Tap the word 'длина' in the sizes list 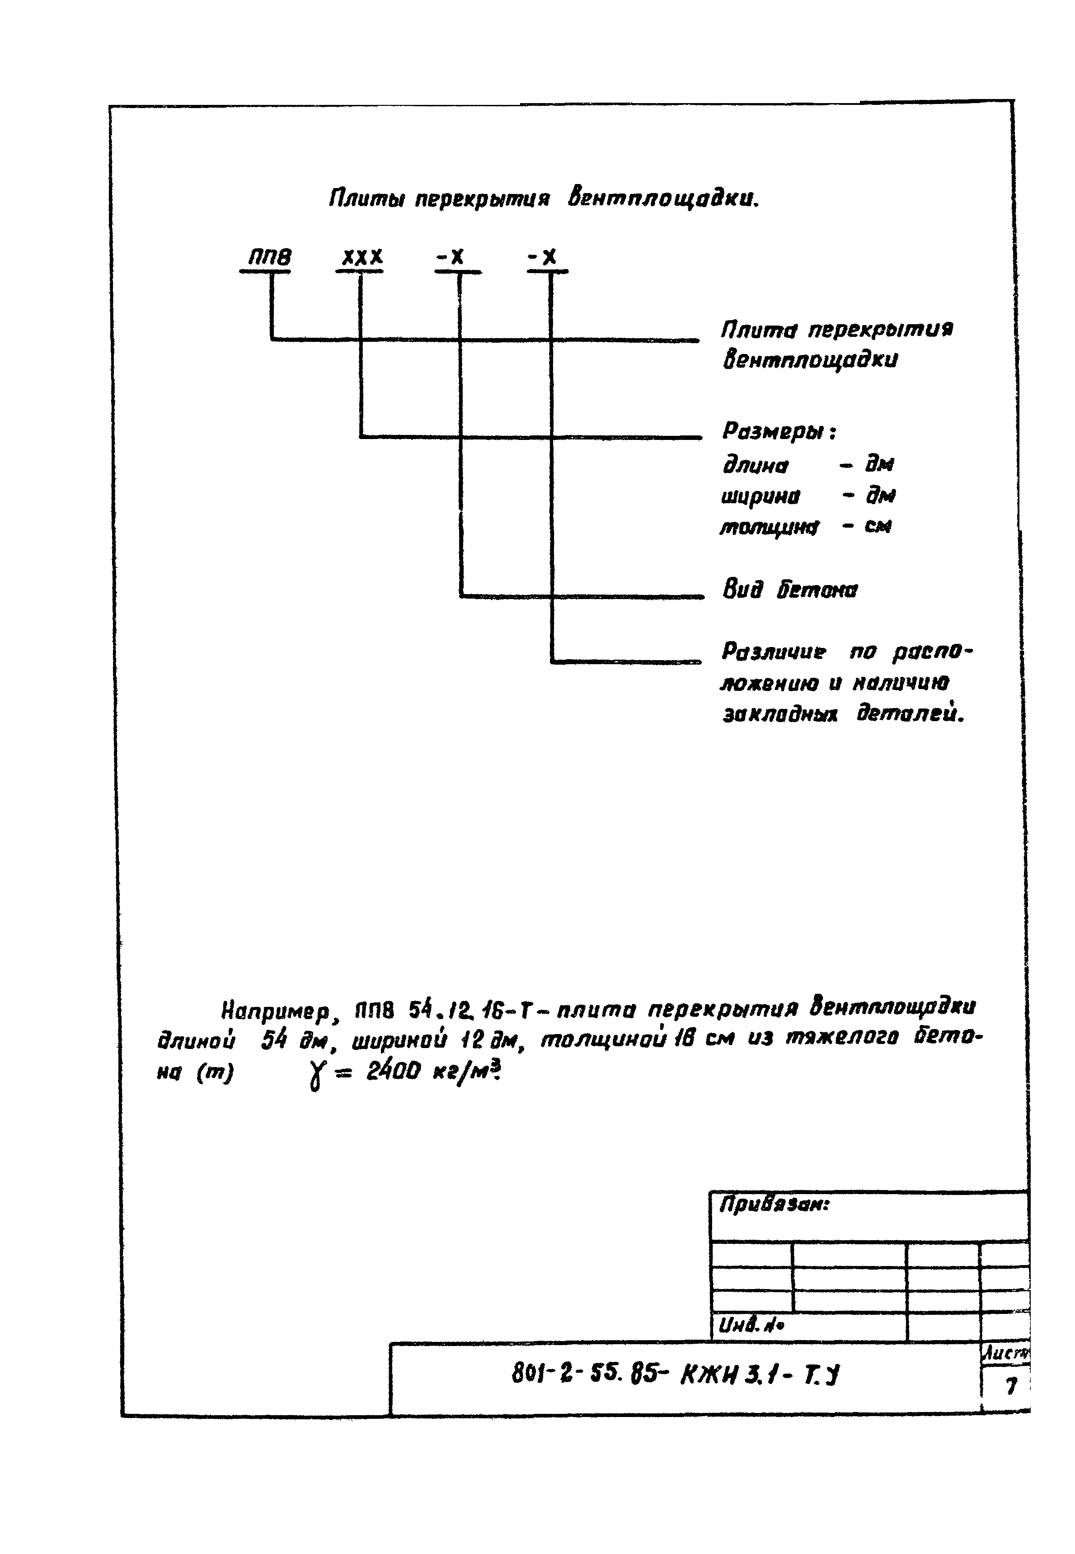[755, 466]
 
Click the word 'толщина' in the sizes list [769, 527]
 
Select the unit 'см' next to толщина [877, 526]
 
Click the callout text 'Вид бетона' [790, 590]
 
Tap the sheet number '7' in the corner [1010, 1386]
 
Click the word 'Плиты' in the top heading [366, 199]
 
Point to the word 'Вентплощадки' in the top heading [663, 199]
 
